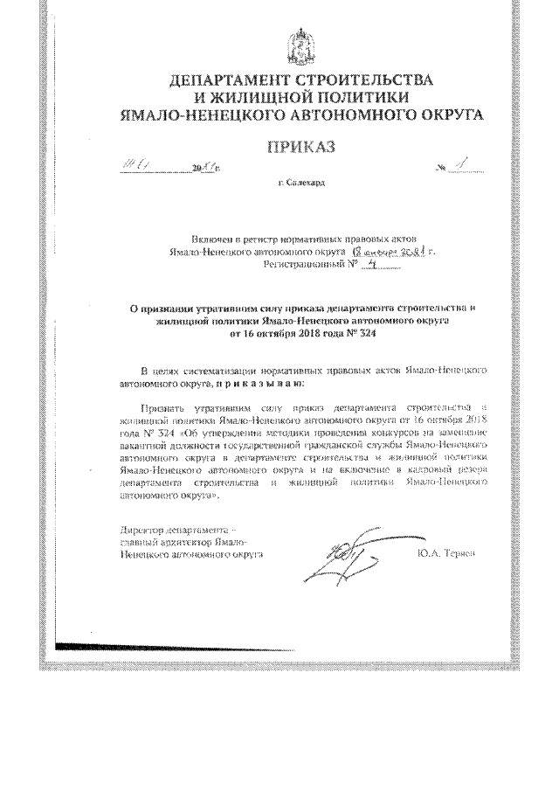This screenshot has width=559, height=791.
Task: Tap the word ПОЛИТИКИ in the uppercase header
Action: pos(357,97)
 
